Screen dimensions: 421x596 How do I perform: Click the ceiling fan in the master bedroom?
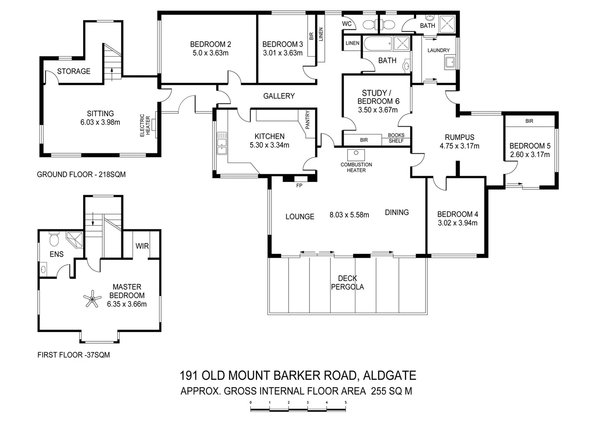pos(92,299)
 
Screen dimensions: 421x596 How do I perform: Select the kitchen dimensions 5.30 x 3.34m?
pos(270,145)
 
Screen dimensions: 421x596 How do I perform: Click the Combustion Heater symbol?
pos(355,154)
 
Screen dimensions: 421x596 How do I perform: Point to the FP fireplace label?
pos(299,186)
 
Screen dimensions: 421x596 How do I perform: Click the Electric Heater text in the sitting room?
pos(145,125)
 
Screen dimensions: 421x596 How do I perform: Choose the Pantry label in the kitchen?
pos(308,120)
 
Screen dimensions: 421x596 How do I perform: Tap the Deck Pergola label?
pos(347,283)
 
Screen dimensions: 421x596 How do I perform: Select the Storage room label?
pos(74,71)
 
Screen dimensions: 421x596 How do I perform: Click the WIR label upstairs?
pos(142,246)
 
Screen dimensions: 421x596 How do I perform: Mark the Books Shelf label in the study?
pos(396,138)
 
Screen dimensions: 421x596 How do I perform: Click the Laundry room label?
pos(438,50)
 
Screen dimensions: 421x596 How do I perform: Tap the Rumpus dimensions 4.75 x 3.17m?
pos(459,146)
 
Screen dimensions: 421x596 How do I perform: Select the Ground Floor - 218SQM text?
pos(81,175)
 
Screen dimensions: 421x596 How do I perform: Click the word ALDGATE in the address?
pos(389,375)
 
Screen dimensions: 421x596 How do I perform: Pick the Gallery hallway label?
pos(279,96)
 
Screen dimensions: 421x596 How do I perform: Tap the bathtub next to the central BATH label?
pos(378,44)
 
